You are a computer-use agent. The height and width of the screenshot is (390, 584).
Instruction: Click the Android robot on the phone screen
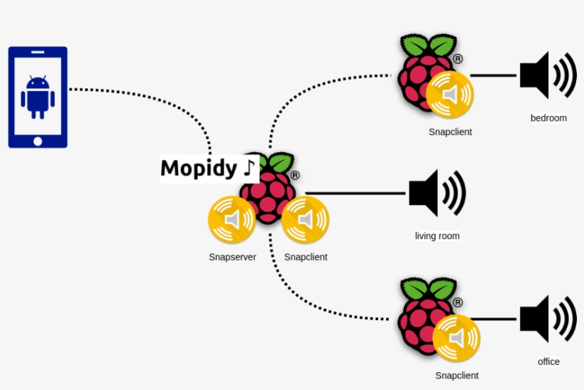click(x=38, y=97)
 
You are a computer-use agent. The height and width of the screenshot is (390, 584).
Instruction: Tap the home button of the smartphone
click(x=38, y=141)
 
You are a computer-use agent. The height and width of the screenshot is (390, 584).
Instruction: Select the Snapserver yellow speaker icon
click(x=231, y=220)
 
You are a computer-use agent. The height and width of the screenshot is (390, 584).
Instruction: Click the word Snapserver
click(x=232, y=257)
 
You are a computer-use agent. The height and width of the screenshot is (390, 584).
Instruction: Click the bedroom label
click(x=548, y=118)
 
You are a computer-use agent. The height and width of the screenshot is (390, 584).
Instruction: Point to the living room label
click(x=437, y=236)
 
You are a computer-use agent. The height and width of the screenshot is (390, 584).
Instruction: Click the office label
click(x=548, y=362)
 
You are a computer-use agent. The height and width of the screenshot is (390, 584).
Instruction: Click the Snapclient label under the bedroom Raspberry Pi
click(x=450, y=132)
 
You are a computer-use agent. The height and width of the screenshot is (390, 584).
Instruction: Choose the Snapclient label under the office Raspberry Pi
click(x=457, y=375)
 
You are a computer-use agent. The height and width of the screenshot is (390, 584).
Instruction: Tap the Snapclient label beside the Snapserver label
click(x=306, y=257)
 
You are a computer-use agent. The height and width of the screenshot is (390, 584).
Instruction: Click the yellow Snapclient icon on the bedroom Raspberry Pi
click(x=449, y=94)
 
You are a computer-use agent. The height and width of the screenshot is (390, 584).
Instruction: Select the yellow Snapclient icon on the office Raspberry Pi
click(x=456, y=337)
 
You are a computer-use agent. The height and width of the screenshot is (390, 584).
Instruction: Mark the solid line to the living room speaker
click(x=356, y=193)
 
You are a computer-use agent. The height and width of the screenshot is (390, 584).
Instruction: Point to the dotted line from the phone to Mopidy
click(x=142, y=93)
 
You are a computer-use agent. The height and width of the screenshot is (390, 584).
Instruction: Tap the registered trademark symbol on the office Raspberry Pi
click(x=458, y=302)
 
